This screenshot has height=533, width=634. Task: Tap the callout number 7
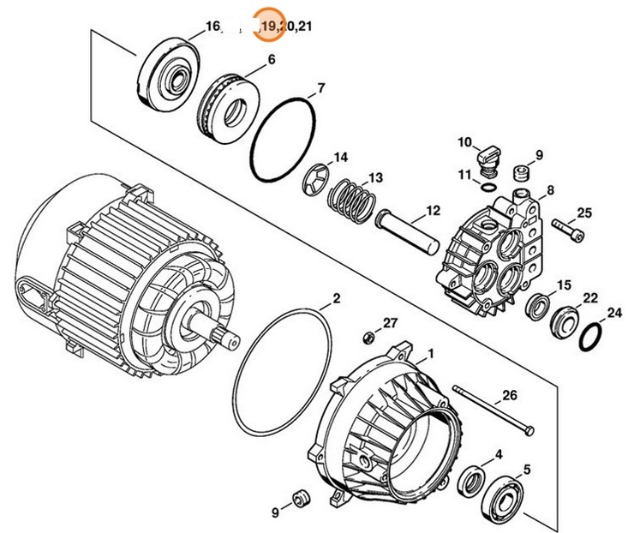pos(321,88)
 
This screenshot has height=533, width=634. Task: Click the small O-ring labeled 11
pos(487,185)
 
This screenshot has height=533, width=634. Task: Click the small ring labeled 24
pos(590,336)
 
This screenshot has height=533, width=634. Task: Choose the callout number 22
pos(590,297)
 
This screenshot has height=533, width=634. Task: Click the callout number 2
pos(337,298)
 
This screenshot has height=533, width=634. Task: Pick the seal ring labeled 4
pos(470,479)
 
